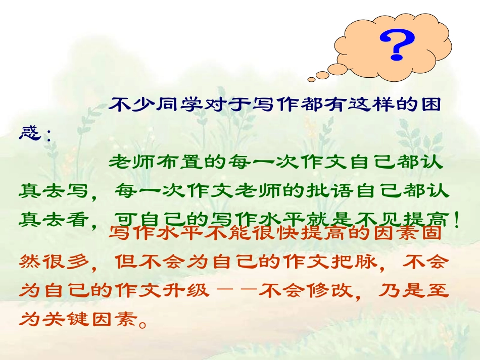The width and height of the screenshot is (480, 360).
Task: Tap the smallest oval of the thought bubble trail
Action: tap(311, 78)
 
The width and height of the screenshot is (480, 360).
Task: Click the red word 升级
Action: tap(194, 291)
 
